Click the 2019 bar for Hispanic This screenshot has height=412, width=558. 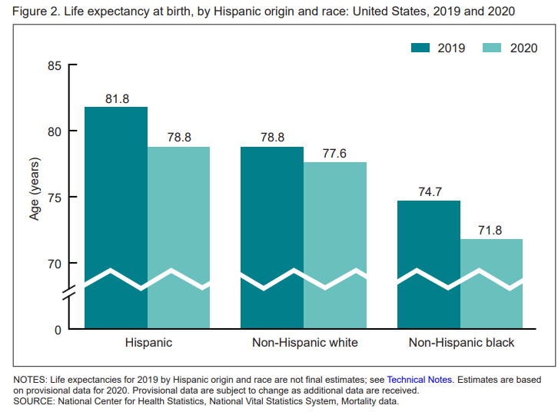click(116, 200)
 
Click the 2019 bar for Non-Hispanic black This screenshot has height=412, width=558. click(428, 246)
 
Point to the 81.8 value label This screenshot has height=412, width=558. click(117, 98)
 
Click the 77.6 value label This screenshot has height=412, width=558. click(334, 154)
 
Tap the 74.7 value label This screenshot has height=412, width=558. click(429, 192)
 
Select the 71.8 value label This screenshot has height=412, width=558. click(491, 231)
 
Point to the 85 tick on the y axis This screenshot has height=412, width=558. click(54, 65)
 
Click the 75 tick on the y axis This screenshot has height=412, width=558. click(54, 198)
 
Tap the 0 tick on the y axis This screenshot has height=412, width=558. click(57, 330)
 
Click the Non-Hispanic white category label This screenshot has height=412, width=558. click(304, 343)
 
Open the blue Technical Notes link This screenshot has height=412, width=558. click(420, 380)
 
